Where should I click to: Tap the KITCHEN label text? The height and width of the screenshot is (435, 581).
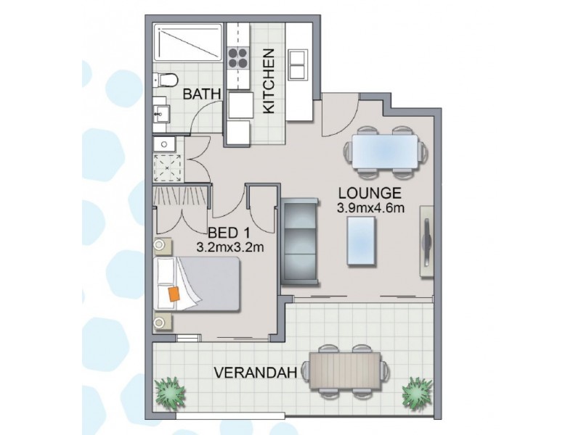click(x=268, y=80)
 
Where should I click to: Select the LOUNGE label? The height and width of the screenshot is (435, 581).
click(x=370, y=194)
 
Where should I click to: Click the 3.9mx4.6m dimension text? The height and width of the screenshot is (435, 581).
click(x=370, y=209)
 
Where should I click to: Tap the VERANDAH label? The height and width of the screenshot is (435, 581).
click(x=256, y=373)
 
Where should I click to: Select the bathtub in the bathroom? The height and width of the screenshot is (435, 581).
click(x=187, y=44)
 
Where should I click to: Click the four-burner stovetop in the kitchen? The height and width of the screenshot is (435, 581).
click(x=238, y=57)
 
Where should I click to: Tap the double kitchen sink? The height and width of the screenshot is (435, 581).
click(x=298, y=65)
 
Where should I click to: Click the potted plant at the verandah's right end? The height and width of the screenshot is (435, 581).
click(x=418, y=391)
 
